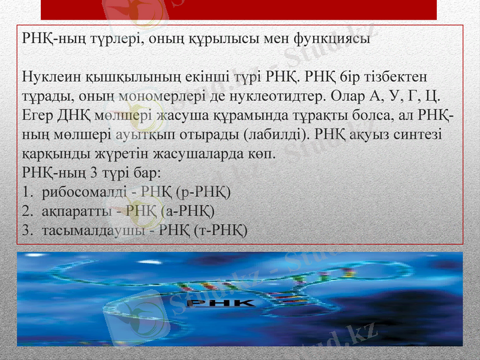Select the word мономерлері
(x=184, y=96)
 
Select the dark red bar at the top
(x=239, y=10)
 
